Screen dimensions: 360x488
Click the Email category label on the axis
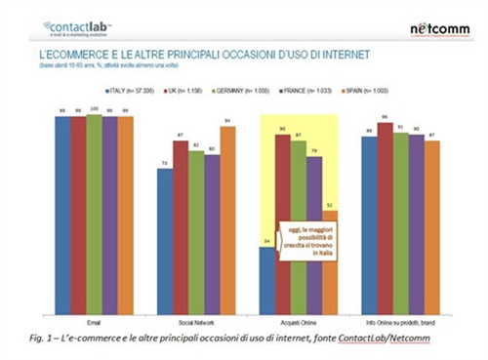coord(95,319)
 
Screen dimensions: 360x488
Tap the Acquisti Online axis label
coord(298,319)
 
